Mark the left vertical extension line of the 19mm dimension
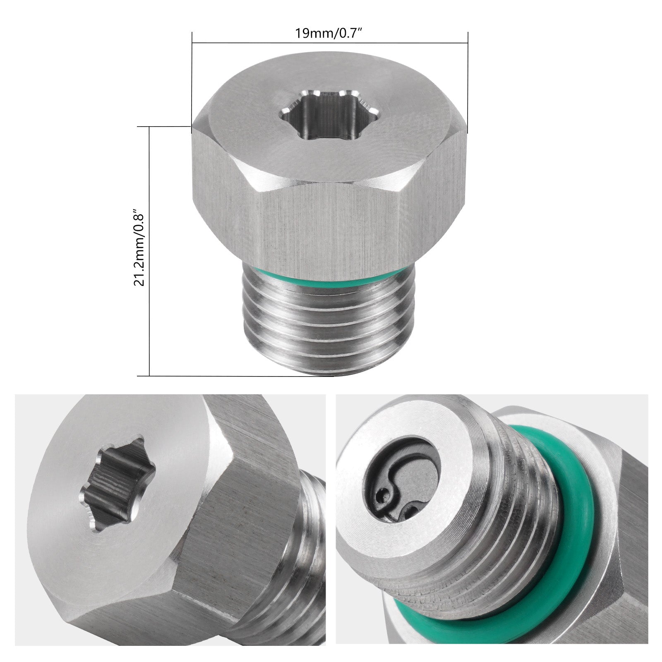tap(192, 83)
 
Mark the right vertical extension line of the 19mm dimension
tap(468, 83)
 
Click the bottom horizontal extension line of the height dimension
tap(232, 376)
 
